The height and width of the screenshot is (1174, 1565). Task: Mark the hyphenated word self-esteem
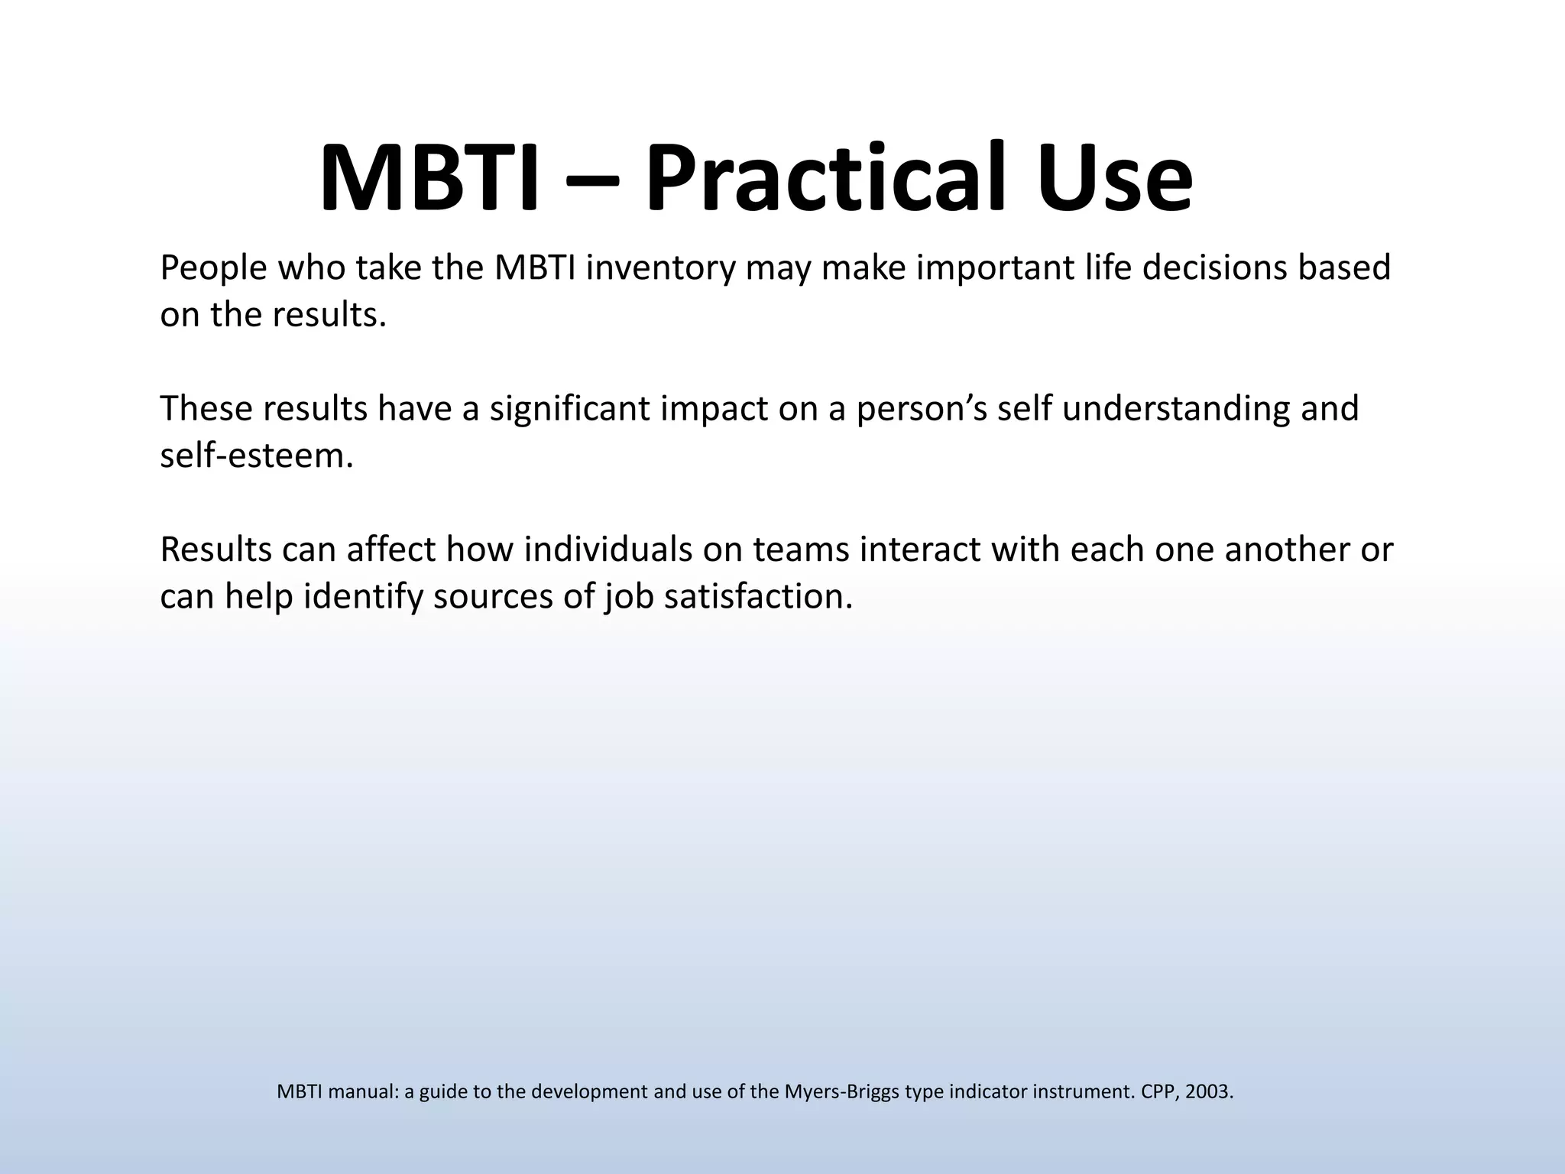(x=257, y=456)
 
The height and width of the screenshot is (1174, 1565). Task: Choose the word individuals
(x=607, y=550)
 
